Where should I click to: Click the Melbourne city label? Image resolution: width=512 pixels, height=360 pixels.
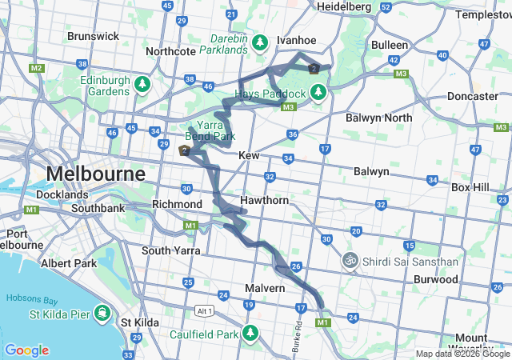coord(96,173)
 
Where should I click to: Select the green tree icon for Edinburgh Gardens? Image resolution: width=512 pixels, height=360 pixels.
coord(142,83)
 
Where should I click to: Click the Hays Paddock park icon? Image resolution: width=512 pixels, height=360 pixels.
coord(318,92)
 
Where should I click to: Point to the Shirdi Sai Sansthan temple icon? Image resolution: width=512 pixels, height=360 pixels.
coord(350,260)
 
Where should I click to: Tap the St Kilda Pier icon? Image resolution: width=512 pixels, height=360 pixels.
coord(102,311)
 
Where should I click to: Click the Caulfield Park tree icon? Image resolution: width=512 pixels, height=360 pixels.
coord(250,332)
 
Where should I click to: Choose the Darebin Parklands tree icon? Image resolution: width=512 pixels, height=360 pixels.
coord(259,42)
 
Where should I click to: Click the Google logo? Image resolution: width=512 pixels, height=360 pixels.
coord(26,350)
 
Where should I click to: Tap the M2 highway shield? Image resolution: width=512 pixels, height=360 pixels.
coord(36,68)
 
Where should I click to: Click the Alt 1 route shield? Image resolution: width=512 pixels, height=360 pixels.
coord(206,310)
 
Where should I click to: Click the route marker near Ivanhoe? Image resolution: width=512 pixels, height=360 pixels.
coord(314,69)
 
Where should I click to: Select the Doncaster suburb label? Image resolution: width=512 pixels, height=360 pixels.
coord(473,96)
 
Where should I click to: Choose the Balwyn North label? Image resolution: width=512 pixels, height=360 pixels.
coord(379,118)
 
